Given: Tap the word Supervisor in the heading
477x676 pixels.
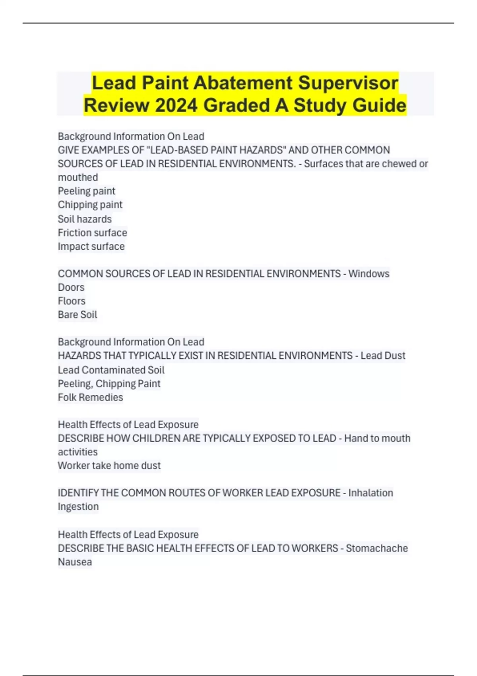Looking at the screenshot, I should [x=348, y=83].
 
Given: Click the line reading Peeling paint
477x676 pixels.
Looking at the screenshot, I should [x=86, y=191].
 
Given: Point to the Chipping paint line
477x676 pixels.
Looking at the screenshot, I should [x=90, y=205].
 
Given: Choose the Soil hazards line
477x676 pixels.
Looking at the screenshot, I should [x=85, y=219].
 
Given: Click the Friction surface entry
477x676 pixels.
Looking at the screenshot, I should [x=92, y=233].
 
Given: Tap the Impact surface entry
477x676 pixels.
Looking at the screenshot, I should [x=91, y=247].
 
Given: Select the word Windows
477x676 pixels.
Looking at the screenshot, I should [x=369, y=274].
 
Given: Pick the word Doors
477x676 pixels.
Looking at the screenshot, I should [x=71, y=287].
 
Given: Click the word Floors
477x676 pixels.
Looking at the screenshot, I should [x=72, y=301].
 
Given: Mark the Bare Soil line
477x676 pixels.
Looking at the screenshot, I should [x=78, y=315].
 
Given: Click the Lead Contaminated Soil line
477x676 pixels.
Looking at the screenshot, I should [x=111, y=370].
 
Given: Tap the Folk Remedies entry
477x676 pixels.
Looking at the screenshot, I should [x=90, y=397].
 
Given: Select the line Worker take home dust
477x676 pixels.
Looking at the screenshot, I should [x=109, y=466].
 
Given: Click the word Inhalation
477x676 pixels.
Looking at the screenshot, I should [x=370, y=493].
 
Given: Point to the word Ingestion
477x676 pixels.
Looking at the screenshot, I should [x=78, y=507].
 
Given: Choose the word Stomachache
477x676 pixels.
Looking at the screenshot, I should [x=377, y=548].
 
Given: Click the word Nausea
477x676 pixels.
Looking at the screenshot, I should [x=75, y=562].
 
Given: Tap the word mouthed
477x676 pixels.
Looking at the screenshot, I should [x=78, y=177].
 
